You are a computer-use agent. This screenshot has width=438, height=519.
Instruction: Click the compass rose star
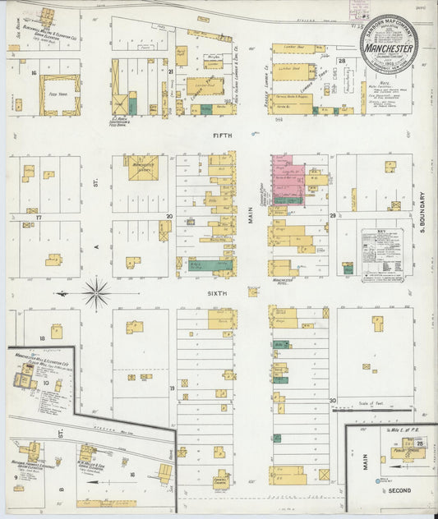pyautogui.click(x=97, y=292)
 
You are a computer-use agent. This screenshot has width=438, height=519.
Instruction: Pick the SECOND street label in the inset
pyautogui.click(x=400, y=491)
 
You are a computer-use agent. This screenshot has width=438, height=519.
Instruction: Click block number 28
pyautogui.click(x=341, y=61)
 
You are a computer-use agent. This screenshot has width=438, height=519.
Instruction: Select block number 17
pyautogui.click(x=38, y=217)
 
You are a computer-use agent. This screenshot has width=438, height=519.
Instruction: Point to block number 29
pyautogui.click(x=334, y=215)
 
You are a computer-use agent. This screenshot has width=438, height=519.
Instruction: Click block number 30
pyautogui.click(x=333, y=400)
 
